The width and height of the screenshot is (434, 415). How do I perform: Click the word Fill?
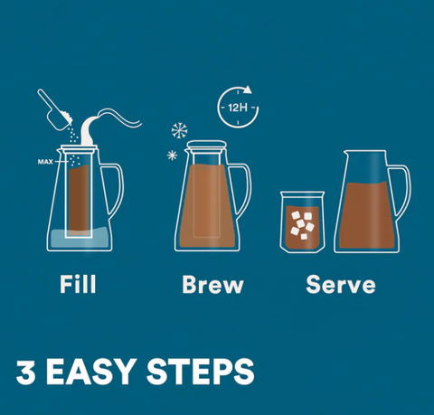pos(78,284)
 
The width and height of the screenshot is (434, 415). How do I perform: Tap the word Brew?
pos(212,284)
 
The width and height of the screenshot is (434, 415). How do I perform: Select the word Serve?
pos(341,284)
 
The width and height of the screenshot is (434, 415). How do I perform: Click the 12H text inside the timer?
pos(238,108)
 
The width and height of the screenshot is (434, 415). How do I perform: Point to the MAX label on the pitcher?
pos(45,162)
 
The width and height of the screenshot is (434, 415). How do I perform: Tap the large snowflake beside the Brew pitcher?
pos(179,131)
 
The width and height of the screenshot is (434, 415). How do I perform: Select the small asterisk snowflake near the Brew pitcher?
pos(172,156)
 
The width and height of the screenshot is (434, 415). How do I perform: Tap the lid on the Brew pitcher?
pos(206,145)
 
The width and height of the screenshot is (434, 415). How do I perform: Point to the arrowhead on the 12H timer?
pos(248,90)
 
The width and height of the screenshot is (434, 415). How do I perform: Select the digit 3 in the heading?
pos(25,372)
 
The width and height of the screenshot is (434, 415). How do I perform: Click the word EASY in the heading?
pos(90,372)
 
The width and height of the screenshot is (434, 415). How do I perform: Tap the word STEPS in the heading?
pos(201,372)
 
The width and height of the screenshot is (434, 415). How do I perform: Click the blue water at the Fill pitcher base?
pos(80,239)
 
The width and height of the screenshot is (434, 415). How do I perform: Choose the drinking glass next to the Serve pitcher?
pos(302,222)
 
